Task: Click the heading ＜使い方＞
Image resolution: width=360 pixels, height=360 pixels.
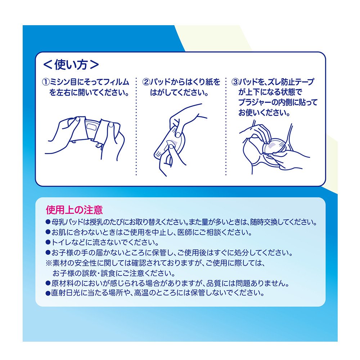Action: click(x=71, y=64)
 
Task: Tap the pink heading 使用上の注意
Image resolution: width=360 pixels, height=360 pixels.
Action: click(x=74, y=210)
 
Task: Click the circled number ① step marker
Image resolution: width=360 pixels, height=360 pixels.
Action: click(x=46, y=82)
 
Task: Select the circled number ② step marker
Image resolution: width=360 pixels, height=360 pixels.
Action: click(x=146, y=82)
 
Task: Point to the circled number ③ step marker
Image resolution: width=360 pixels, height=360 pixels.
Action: click(x=235, y=82)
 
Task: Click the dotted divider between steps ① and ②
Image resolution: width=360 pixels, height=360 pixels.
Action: click(x=136, y=126)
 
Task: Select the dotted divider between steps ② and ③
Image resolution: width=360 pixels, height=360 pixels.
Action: click(x=226, y=126)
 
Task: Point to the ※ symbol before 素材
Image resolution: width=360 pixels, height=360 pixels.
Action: click(x=49, y=263)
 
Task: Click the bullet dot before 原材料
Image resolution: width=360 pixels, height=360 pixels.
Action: click(x=48, y=283)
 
